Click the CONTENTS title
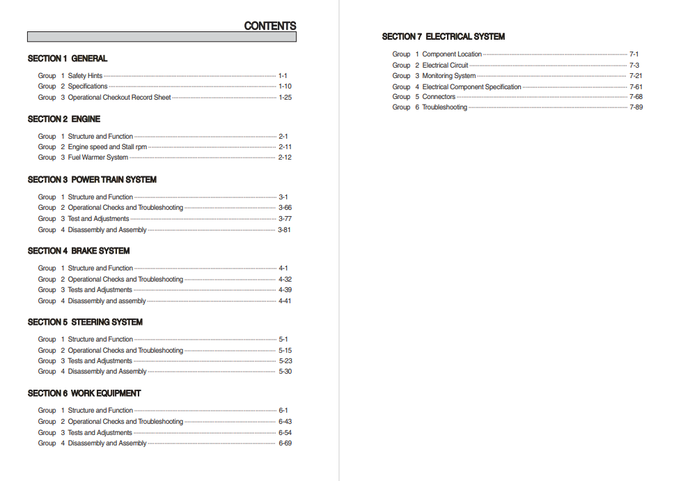pos(269,26)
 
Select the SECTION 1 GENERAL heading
pos(68,59)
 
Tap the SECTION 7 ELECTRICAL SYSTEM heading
pos(443,36)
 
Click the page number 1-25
pos(285,98)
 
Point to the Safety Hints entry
pos(85,76)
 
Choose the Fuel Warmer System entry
pos(97,158)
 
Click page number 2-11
pos(285,147)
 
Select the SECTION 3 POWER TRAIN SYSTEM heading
pos(92,180)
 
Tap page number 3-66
pos(285,208)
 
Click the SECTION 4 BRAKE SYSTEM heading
pos(79,251)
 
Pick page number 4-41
pos(285,301)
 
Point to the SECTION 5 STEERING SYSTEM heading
pos(85,322)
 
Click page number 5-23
pos(285,361)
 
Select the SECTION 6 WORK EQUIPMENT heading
pos(84,393)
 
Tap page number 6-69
pos(285,443)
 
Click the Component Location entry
pos(452,54)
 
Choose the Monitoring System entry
pos(449,76)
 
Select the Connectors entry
pos(439,97)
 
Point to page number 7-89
pos(636,107)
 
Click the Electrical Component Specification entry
pos(471,87)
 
